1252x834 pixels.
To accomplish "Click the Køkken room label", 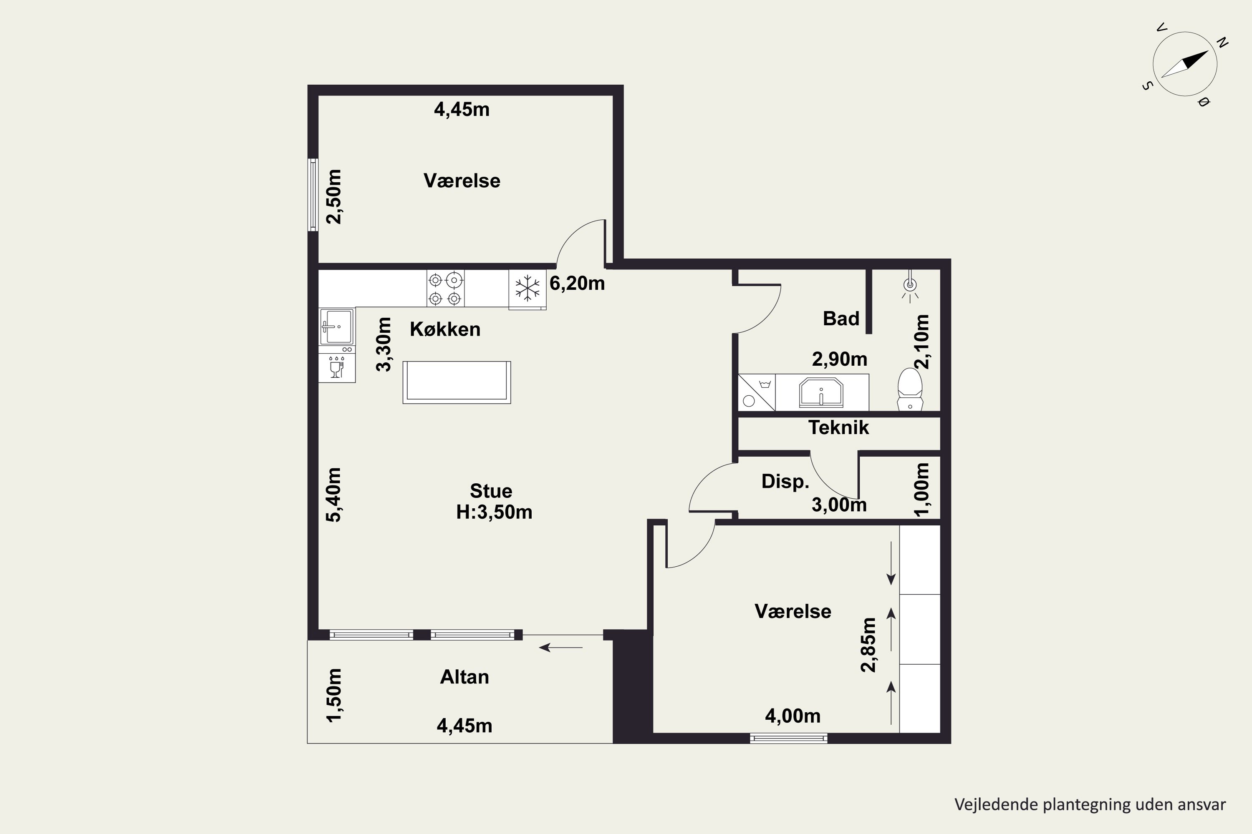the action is [x=445, y=329].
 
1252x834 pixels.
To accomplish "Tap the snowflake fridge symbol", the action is [x=527, y=289].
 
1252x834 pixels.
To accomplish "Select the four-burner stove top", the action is [x=445, y=288].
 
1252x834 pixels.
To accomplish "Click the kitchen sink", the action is [x=336, y=327].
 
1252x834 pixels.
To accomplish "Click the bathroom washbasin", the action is [x=821, y=392].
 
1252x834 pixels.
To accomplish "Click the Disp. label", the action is [x=785, y=481].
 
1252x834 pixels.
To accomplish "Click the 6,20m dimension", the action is [x=577, y=284].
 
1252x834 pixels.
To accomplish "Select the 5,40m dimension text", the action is [x=334, y=495].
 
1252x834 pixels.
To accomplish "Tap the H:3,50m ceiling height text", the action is [x=494, y=512].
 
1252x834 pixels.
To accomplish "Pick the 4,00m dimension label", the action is [x=793, y=716].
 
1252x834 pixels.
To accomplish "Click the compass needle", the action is [x=1184, y=64].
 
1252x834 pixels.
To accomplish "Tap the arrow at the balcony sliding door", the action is [x=560, y=647].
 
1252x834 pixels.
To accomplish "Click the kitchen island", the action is [x=457, y=382].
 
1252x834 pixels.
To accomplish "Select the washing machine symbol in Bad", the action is [x=756, y=392].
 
